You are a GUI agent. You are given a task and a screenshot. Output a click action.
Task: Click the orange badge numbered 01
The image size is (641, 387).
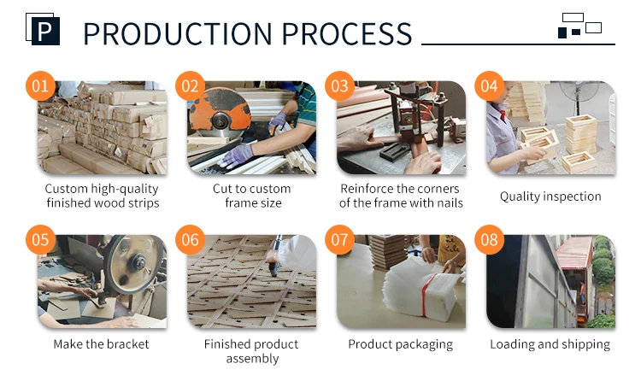[40, 85]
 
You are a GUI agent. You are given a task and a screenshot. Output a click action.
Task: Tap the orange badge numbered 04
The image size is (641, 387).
[489, 85]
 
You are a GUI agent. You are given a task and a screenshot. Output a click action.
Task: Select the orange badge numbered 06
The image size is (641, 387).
[190, 239]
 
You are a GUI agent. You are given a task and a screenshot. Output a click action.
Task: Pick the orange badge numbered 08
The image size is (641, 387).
[489, 239]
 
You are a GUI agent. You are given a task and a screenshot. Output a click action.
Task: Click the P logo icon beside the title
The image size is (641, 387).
[43, 29]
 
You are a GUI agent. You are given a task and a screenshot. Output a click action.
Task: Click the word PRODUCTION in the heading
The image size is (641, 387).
[178, 33]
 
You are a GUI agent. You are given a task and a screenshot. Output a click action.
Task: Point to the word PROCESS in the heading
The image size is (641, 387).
[347, 33]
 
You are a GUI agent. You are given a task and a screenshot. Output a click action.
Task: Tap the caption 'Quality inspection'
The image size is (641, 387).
[550, 196]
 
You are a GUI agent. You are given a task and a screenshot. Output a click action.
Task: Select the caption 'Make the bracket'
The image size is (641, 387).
[101, 344]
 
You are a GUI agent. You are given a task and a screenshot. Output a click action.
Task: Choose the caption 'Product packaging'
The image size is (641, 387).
[401, 344]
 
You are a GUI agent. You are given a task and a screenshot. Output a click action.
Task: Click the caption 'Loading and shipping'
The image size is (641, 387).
[550, 344]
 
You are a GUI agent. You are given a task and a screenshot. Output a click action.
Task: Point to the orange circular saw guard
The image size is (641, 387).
[220, 109]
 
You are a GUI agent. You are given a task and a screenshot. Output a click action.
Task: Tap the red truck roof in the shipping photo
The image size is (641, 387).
[574, 252]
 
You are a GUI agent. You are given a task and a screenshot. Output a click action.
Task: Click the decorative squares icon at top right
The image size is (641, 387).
[579, 26]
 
